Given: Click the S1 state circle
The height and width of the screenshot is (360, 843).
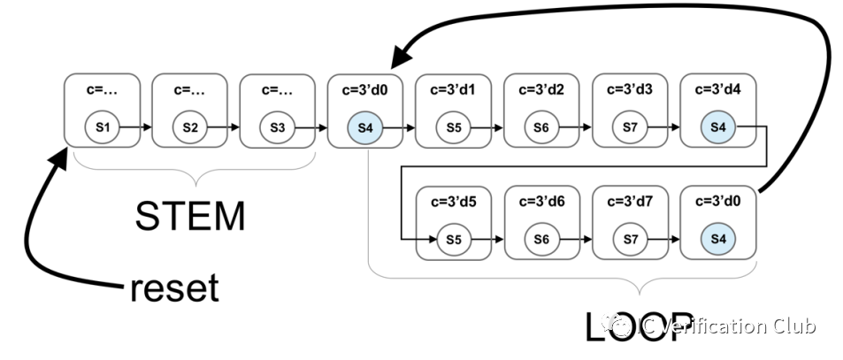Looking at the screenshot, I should tap(102, 127).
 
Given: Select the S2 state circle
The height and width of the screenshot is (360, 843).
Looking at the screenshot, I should tap(189, 127).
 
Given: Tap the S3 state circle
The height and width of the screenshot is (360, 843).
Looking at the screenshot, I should tap(277, 127).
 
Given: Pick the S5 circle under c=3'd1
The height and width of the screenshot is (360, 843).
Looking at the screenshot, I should tap(453, 127).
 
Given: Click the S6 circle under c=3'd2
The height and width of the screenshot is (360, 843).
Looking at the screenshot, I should tap(540, 127).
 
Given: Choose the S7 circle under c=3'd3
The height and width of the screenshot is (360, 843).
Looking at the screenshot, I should tap(629, 127).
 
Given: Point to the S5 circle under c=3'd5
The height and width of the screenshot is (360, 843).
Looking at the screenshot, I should tap(453, 240).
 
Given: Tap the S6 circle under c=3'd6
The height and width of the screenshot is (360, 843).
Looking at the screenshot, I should tap(540, 240).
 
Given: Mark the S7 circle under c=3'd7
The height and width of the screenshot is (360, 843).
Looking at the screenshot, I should tap(629, 240).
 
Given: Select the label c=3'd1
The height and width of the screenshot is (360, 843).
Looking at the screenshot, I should tap(453, 89).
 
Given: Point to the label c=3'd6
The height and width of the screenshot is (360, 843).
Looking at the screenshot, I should tap(540, 202).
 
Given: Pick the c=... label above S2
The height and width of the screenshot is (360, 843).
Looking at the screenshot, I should tap(189, 89).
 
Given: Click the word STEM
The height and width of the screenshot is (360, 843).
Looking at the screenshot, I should tap(189, 215).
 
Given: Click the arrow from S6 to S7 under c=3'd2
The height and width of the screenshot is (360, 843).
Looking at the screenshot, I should tap(585, 127).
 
